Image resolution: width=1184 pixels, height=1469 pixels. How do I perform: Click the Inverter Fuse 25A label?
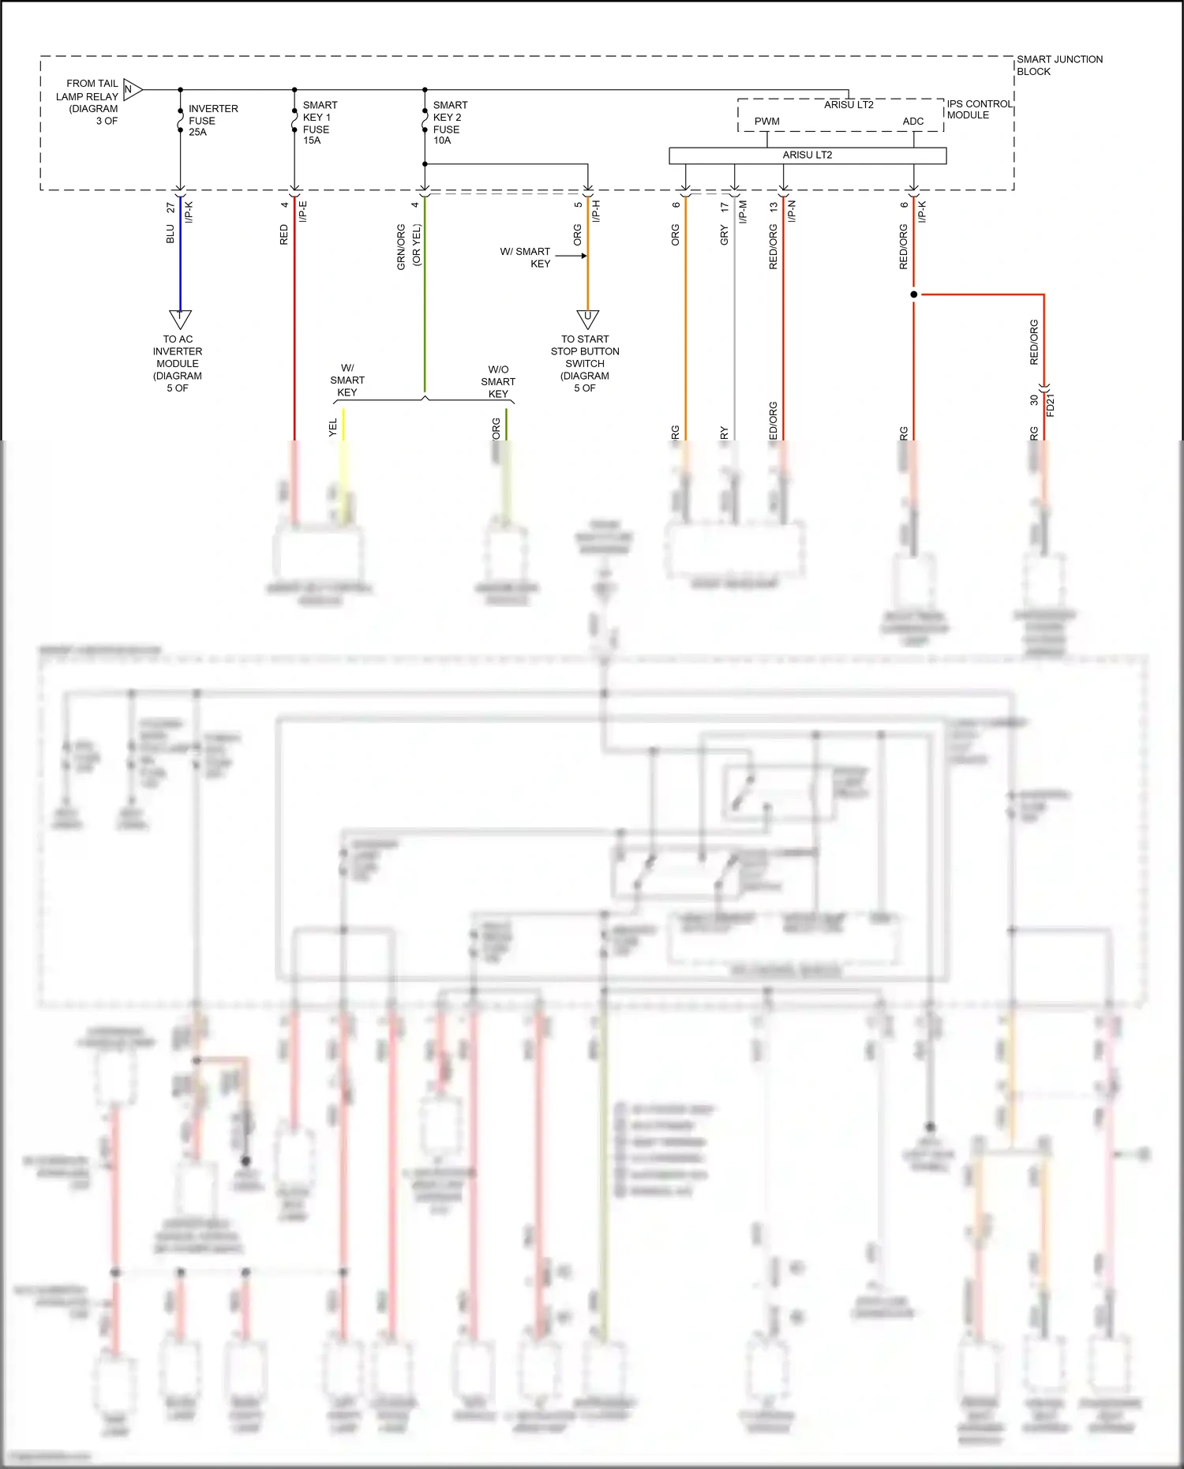(x=212, y=120)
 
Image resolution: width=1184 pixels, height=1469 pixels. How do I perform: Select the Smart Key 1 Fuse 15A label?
(x=320, y=122)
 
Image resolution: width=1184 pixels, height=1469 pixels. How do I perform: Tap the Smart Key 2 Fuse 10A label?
(x=450, y=122)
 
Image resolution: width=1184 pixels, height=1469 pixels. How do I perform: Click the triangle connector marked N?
(x=132, y=90)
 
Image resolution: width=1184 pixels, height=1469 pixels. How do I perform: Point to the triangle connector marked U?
(x=587, y=318)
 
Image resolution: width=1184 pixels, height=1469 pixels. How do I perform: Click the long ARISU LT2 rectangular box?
(x=807, y=156)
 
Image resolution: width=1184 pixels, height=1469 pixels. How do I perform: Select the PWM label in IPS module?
(x=766, y=122)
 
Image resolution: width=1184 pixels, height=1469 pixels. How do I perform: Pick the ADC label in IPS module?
(x=913, y=122)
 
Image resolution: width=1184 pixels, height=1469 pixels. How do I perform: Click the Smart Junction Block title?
(x=1058, y=65)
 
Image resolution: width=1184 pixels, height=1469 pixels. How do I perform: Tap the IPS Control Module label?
(x=979, y=109)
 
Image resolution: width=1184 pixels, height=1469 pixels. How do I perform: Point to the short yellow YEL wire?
(x=343, y=425)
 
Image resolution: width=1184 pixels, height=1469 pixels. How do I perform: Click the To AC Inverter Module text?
(x=178, y=363)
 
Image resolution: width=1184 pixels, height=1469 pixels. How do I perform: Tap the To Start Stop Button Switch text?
(x=585, y=363)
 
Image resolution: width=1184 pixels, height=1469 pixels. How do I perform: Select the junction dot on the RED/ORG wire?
(x=914, y=294)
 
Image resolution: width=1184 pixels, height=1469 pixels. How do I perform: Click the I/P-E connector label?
(x=303, y=211)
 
